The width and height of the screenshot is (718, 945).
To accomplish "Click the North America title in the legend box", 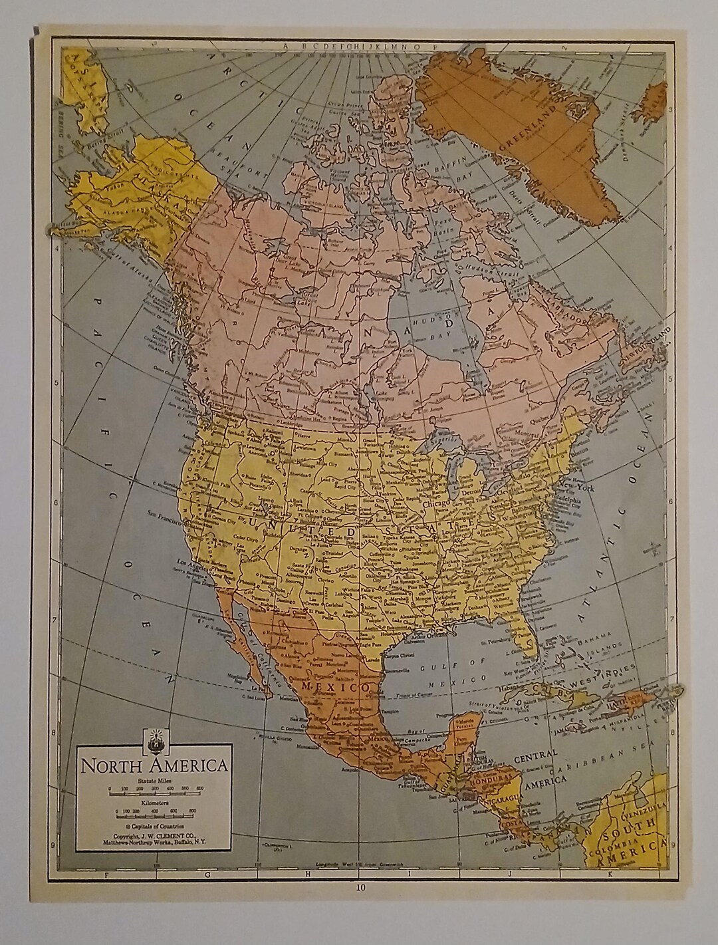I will (x=154, y=765).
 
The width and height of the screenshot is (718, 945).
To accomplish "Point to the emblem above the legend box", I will (x=154, y=738).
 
